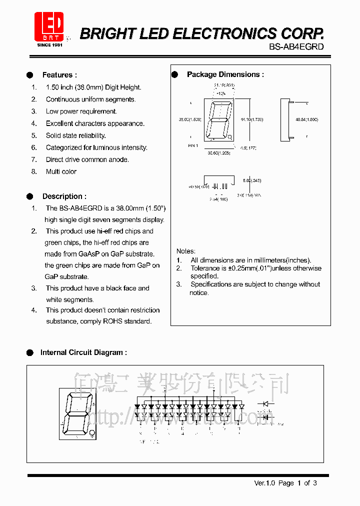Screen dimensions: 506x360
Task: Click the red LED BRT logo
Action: (x=48, y=26)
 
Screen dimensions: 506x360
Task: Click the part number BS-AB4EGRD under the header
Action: (x=296, y=46)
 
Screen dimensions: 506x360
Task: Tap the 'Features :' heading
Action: (x=59, y=75)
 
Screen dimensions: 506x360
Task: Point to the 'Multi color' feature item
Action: (x=61, y=171)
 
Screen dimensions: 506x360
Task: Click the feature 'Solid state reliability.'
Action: (x=75, y=135)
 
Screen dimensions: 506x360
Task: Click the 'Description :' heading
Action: (x=64, y=196)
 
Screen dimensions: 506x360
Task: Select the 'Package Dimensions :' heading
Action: (x=225, y=74)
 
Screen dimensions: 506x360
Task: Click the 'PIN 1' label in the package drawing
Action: (x=193, y=145)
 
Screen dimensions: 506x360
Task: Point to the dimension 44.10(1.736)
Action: (x=251, y=119)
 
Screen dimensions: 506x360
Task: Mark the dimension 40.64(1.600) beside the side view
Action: (x=306, y=119)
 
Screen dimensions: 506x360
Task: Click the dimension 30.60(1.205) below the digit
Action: (x=218, y=153)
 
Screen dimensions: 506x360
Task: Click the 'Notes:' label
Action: (x=186, y=251)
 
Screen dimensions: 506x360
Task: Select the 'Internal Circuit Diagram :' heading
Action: (x=83, y=352)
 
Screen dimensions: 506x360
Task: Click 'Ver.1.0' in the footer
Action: (x=264, y=483)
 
